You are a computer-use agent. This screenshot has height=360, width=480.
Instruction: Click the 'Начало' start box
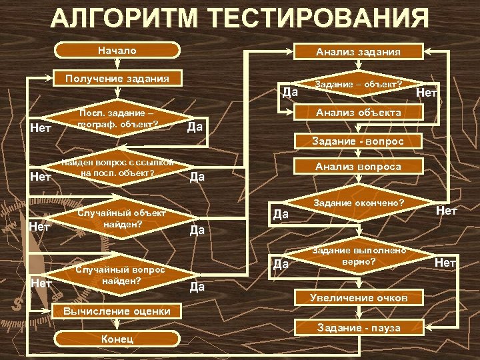(x=117, y=51)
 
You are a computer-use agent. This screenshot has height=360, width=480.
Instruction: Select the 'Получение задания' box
(x=117, y=79)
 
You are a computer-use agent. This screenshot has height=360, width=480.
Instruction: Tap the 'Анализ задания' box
(x=358, y=51)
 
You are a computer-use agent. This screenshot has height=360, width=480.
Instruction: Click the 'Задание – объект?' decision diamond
(x=358, y=85)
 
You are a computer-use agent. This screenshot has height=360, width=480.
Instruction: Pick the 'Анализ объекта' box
(x=358, y=113)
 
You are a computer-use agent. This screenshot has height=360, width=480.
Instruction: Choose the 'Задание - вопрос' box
(x=358, y=141)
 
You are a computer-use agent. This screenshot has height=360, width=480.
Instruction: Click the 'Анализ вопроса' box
(x=358, y=167)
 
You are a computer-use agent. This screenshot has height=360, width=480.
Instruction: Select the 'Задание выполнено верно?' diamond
(x=358, y=257)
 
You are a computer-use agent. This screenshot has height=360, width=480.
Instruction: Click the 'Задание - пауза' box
(x=358, y=327)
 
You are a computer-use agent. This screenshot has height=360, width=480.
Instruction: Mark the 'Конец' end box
(x=117, y=339)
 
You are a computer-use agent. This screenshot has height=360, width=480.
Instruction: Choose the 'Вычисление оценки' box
(x=117, y=311)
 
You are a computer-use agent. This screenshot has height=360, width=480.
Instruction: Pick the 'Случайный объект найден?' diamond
(x=117, y=220)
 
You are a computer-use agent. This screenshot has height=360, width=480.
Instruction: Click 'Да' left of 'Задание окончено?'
(x=281, y=215)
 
